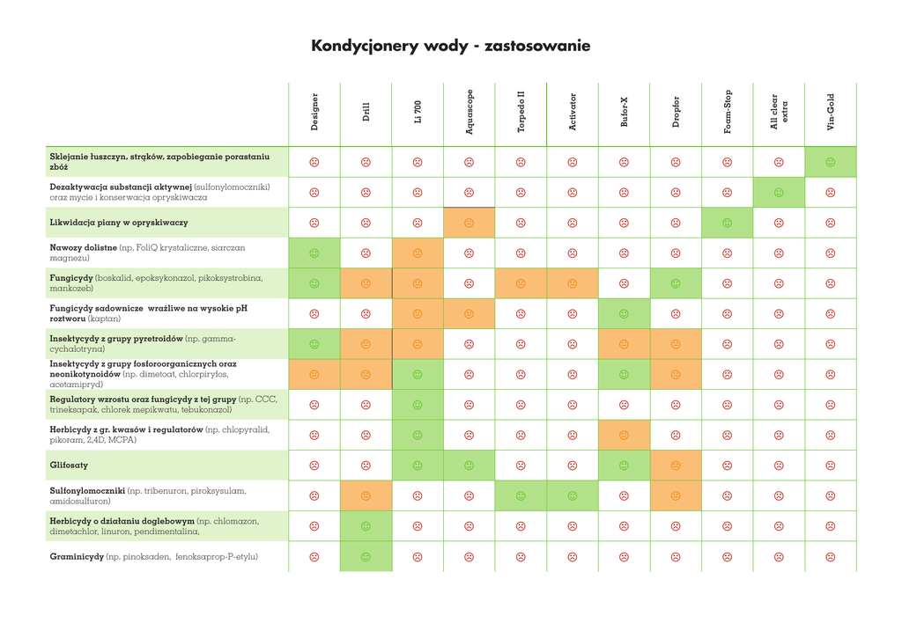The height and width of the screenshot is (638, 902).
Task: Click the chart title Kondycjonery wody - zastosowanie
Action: (450, 46)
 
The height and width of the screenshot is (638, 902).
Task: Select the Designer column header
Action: (314, 113)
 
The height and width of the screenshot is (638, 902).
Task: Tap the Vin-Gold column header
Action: (830, 113)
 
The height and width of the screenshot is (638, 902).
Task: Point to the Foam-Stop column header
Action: (728, 112)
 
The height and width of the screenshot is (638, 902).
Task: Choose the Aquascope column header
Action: (469, 112)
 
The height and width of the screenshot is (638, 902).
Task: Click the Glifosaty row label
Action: (69, 465)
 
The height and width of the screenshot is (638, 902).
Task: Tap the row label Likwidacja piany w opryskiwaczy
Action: (118, 223)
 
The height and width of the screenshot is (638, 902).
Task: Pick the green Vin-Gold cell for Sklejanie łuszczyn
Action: (831, 162)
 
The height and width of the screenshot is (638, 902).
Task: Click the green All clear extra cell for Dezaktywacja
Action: (779, 193)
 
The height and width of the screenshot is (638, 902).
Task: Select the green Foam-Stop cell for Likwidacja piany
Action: (728, 223)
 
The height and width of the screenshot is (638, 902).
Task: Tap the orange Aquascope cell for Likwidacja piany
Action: (469, 223)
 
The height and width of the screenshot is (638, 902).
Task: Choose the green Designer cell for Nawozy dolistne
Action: (314, 253)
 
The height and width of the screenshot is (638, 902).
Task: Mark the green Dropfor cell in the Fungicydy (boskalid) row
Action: (676, 283)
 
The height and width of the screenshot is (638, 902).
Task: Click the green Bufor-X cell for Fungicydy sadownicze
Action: (624, 313)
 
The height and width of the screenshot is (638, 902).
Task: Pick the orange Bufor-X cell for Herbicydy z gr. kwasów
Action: (624, 435)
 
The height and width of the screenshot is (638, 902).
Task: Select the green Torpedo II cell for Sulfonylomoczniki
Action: (521, 495)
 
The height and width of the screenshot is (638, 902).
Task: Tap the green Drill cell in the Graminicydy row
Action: (366, 556)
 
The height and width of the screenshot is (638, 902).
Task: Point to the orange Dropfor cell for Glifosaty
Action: (676, 465)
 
